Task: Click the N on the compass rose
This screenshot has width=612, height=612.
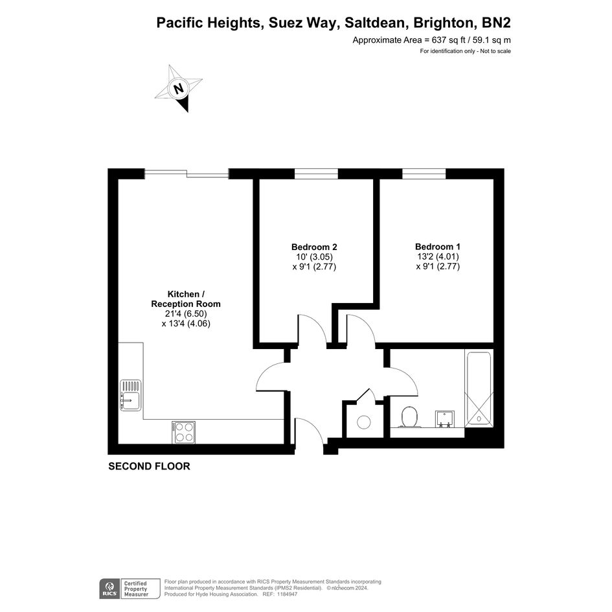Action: [178, 89]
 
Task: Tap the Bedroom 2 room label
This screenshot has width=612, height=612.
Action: [314, 247]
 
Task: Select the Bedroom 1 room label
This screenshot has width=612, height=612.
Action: [438, 247]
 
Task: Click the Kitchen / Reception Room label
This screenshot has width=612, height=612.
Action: [186, 299]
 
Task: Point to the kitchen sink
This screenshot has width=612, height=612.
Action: [130, 396]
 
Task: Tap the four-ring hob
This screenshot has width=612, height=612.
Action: [183, 432]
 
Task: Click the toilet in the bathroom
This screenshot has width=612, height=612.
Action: [409, 417]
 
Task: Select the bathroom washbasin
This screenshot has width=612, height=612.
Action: [445, 419]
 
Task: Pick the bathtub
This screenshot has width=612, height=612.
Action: [479, 389]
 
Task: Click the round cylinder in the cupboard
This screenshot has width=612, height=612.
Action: [364, 422]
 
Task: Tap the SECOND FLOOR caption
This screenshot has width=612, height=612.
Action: [149, 466]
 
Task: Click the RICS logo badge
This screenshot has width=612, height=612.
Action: [109, 589]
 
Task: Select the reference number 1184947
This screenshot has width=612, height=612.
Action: [288, 595]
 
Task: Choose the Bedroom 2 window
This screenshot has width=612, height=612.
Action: [316, 174]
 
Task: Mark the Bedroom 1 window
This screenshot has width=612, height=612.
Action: [424, 174]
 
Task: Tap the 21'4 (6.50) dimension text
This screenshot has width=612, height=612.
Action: [186, 314]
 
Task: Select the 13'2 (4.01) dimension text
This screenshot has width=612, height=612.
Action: [438, 257]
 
